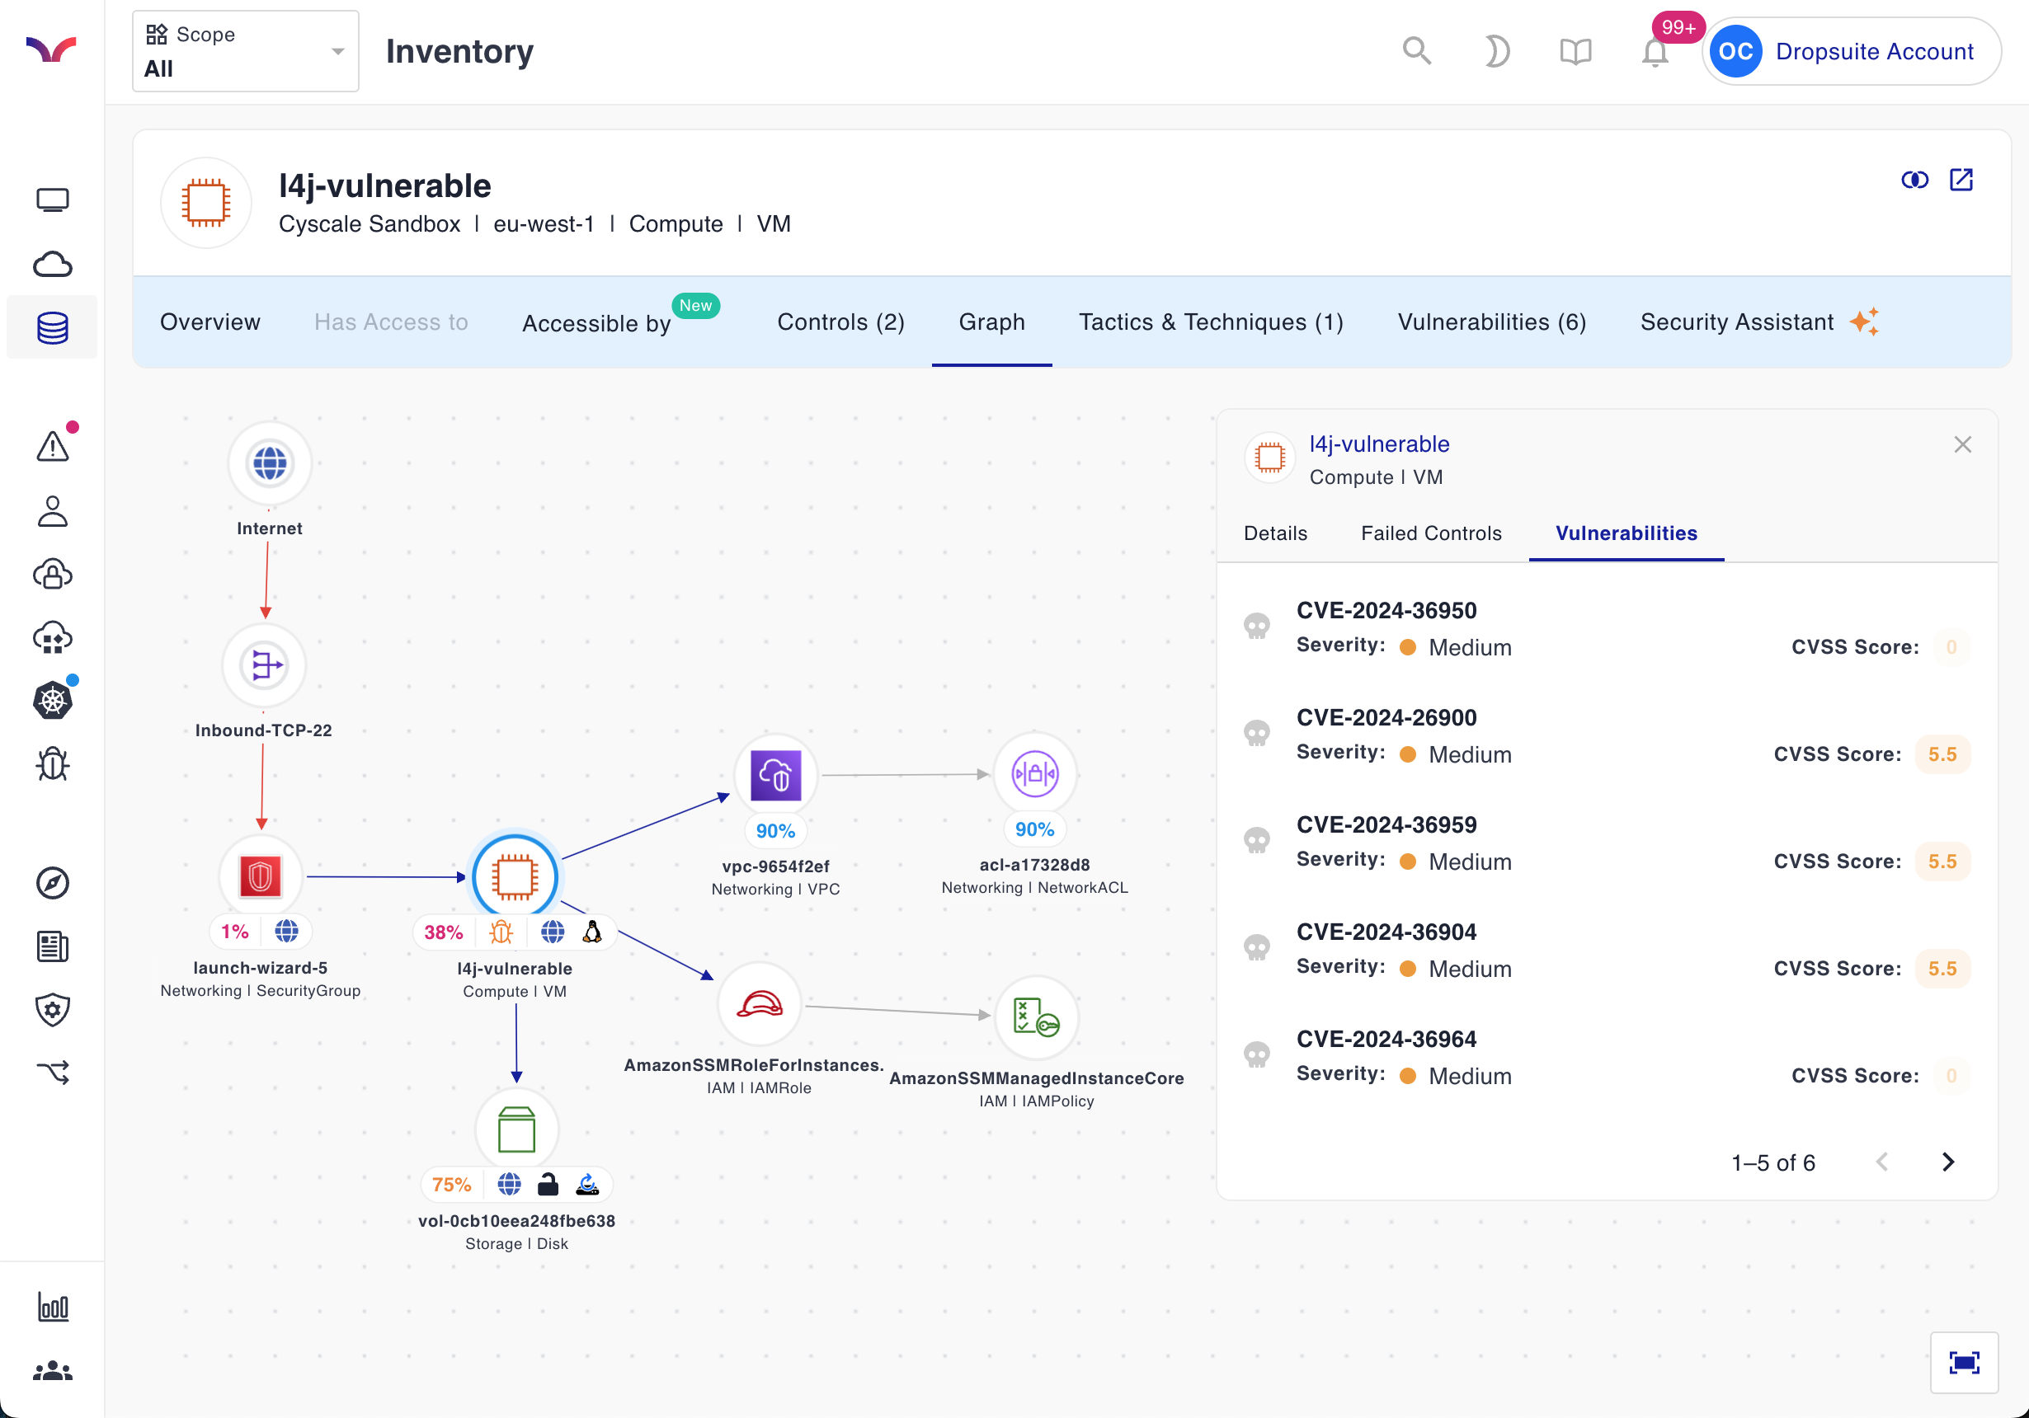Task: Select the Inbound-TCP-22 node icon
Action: click(264, 664)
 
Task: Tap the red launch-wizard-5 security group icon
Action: click(260, 876)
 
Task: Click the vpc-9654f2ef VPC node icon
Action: click(775, 775)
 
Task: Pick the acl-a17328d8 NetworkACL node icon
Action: click(1034, 774)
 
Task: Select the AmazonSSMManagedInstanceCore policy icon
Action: click(1036, 1017)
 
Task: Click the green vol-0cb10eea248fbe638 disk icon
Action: click(516, 1129)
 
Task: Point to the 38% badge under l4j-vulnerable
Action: click(444, 932)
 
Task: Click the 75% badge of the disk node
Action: click(452, 1185)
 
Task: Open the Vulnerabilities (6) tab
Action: click(1491, 322)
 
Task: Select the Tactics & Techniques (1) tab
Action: click(1210, 322)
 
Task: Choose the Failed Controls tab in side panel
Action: click(1431, 533)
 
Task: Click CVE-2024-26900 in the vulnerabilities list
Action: click(1386, 717)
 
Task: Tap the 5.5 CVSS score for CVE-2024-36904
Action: click(1942, 969)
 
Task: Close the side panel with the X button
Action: click(1962, 444)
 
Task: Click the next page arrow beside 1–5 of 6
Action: click(1947, 1162)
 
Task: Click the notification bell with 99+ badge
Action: click(1655, 52)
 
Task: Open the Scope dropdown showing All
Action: click(245, 51)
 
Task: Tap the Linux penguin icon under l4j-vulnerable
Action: click(592, 932)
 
